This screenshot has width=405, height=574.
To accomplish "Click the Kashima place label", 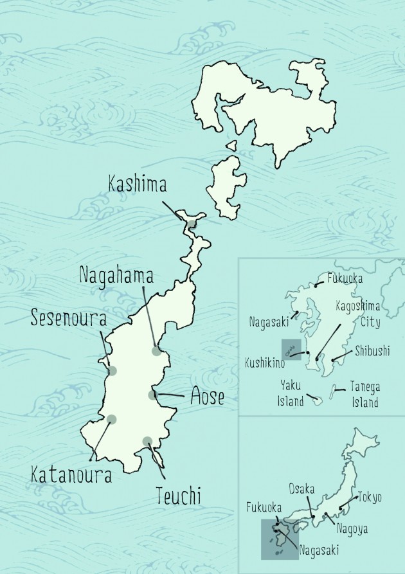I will (137, 186).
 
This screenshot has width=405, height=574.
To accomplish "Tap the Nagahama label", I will (116, 275).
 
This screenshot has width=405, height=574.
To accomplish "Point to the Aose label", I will (208, 397).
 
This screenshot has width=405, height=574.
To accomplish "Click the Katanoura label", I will (71, 476).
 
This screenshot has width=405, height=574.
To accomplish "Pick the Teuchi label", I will (178, 496).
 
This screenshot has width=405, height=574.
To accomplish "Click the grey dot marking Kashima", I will (192, 224).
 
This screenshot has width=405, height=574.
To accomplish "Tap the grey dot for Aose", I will (152, 395).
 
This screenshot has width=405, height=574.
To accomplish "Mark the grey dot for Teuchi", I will (147, 441).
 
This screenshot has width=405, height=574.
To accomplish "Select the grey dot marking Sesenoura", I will (113, 370).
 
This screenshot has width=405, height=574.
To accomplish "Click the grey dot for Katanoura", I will (112, 419).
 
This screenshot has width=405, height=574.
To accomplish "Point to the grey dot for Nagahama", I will (156, 350).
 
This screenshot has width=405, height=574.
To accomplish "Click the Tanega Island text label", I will (364, 394).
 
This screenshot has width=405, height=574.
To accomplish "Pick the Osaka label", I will (301, 489).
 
